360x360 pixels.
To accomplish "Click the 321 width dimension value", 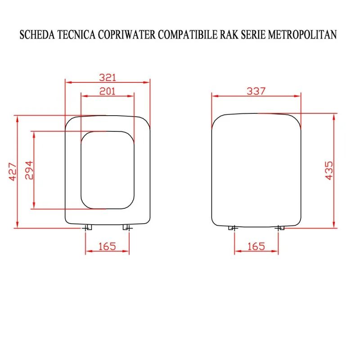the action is pos(108,77).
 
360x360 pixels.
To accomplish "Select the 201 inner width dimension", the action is pos(107,91).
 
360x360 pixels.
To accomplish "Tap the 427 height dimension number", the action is pos(13,172).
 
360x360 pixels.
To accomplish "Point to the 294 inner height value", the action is pos(29,170).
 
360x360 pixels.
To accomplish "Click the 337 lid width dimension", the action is pos(256,91).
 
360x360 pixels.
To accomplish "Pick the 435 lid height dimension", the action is pos(329,171).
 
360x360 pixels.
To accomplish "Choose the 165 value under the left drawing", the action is pos(107,247).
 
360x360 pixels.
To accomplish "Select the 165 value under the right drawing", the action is pos(256,247).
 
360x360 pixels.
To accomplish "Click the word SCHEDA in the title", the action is pos(37,35).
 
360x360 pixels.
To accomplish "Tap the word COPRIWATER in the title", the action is pos(127,35).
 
